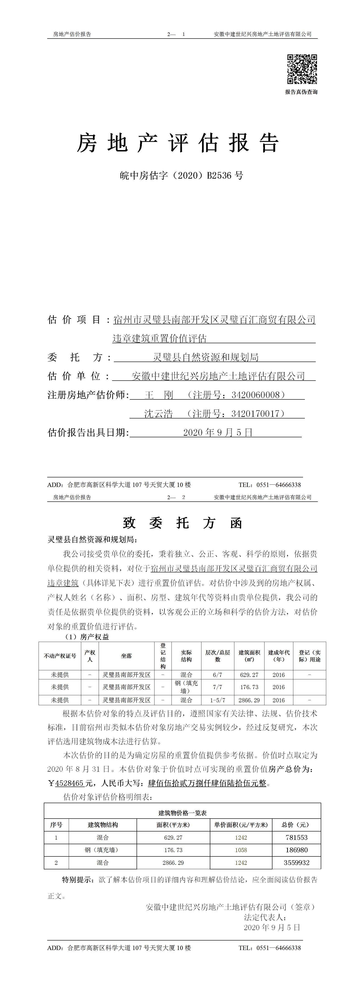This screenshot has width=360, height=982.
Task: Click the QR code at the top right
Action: click(302, 69)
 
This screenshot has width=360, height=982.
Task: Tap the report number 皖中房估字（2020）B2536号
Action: click(181, 175)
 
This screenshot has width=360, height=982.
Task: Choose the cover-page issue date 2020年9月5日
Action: click(218, 432)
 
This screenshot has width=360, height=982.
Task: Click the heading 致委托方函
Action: click(182, 523)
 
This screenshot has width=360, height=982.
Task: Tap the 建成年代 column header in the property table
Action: click(278, 656)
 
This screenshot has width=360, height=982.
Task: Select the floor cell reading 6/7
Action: click(217, 675)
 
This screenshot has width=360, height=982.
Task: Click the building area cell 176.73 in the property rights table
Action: click(249, 687)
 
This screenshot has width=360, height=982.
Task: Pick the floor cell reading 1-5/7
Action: click(217, 700)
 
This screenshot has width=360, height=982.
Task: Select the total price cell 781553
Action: click(296, 838)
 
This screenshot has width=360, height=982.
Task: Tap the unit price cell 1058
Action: click(241, 850)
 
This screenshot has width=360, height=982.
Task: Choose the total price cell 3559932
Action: click(296, 863)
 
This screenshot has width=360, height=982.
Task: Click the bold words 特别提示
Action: click(77, 880)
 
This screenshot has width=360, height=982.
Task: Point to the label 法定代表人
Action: click(265, 918)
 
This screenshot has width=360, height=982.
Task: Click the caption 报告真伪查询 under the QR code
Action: click(301, 92)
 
